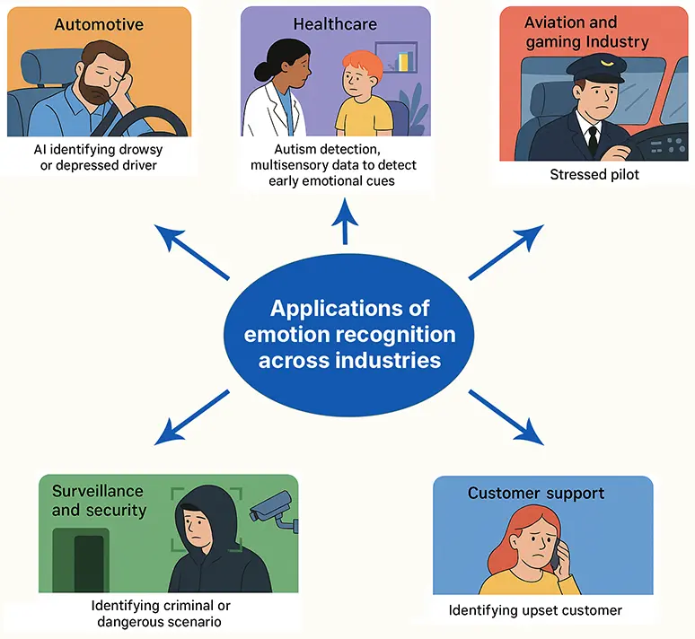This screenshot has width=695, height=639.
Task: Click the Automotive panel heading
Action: coord(98,24)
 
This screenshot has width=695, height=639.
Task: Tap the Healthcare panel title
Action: coord(335,24)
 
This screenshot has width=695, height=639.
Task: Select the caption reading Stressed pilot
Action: coord(594,174)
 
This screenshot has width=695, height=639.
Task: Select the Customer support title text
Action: coord(536,494)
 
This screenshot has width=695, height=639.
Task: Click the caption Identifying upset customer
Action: coord(535,611)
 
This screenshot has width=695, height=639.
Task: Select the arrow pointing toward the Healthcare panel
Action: coord(346,221)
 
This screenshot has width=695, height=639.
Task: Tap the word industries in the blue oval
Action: coord(392,360)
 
